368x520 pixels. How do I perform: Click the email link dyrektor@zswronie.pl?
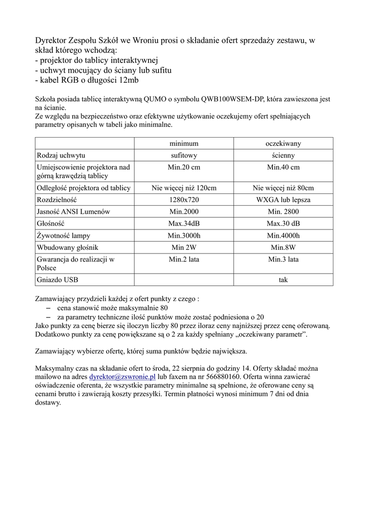pos(122,377)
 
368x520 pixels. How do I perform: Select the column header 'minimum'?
pos(183,144)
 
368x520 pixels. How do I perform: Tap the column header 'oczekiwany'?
pos(283,144)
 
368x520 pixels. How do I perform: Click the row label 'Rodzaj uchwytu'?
pos(61,155)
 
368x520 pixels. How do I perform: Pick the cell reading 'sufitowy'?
pos(183,155)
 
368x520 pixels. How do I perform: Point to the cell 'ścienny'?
pos(283,155)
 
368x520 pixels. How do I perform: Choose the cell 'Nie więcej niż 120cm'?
pos(183,188)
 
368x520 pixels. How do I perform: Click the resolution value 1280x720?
pos(183,200)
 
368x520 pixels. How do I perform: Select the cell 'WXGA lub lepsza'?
pos(283,200)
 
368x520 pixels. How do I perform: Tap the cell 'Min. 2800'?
pos(283,212)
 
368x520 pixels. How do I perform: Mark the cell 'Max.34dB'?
pos(183,223)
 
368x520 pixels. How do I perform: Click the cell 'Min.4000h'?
pos(283,236)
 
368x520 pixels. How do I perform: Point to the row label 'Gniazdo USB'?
pos(58,280)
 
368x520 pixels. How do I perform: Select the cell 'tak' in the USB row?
pos(283,280)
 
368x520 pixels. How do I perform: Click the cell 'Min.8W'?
pos(283,247)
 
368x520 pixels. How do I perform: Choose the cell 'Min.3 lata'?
pos(283,259)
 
